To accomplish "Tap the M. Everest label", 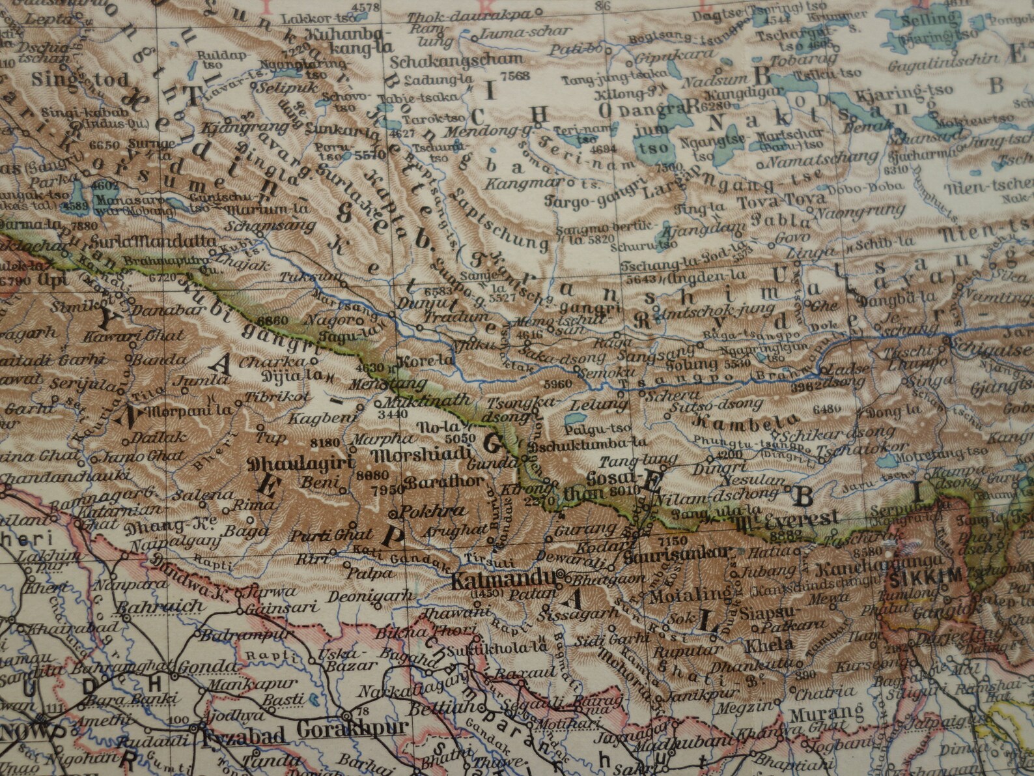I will [x=789, y=519].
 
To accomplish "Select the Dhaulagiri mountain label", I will [x=300, y=464].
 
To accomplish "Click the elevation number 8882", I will [x=782, y=535].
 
